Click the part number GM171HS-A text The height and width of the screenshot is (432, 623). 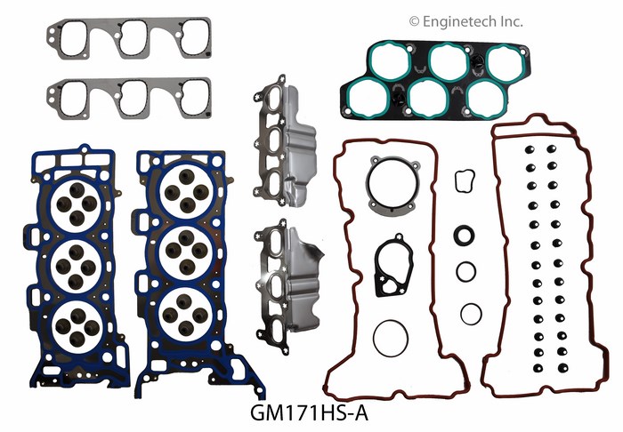point(310,413)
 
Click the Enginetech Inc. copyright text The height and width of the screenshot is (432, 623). point(466,21)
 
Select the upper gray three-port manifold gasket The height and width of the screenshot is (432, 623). point(129,38)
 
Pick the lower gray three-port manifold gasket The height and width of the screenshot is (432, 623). point(129,99)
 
